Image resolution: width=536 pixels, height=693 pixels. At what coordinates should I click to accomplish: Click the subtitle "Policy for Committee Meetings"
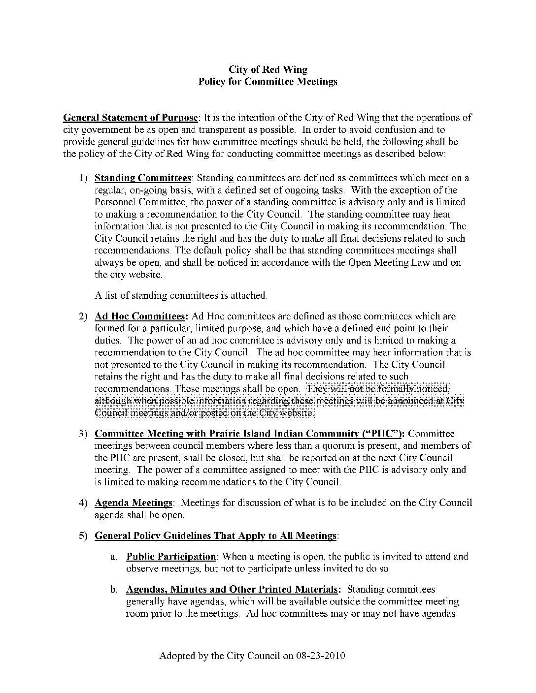click(268, 82)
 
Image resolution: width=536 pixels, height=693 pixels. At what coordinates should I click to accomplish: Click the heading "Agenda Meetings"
click(134, 503)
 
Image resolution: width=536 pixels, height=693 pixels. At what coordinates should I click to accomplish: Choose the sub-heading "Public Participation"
click(171, 557)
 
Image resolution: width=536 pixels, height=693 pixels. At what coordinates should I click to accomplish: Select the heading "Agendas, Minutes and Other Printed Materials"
click(233, 589)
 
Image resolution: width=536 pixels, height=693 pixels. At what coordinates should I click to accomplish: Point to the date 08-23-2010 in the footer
click(321, 656)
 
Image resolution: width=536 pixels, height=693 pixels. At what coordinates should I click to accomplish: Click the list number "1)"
click(84, 178)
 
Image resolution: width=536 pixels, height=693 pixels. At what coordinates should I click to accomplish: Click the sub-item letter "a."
click(113, 557)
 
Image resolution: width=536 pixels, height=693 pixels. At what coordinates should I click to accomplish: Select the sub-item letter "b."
click(113, 590)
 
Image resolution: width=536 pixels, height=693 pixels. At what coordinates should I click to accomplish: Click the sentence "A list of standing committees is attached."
click(181, 295)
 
